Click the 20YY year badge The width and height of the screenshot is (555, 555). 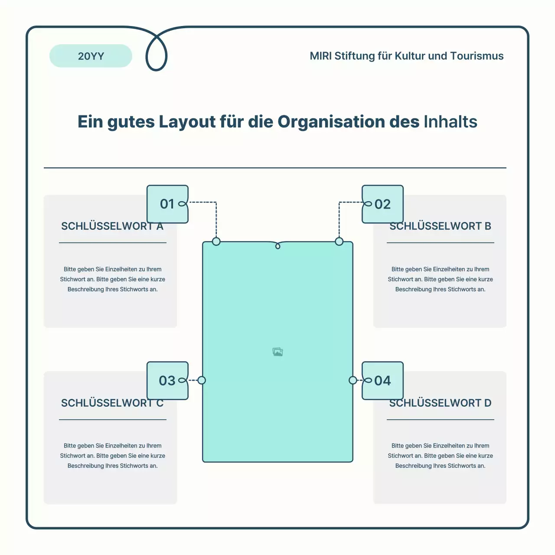[91, 56]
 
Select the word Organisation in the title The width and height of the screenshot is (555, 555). [331, 122]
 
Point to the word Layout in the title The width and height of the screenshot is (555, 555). [187, 122]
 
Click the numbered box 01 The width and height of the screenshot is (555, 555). [168, 204]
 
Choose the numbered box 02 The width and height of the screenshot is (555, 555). [382, 204]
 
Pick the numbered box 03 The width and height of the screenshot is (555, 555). [168, 380]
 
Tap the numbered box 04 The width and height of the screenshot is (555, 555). [382, 380]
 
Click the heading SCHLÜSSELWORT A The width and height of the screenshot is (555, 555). [112, 226]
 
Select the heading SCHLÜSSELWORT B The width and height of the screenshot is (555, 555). [441, 226]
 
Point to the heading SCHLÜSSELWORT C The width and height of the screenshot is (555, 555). [112, 403]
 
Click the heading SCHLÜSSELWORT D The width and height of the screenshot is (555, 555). [441, 403]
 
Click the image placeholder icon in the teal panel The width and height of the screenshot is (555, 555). [277, 352]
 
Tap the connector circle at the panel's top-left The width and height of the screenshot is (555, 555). [216, 242]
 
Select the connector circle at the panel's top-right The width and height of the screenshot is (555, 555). [339, 242]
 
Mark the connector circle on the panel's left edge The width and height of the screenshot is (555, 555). [202, 380]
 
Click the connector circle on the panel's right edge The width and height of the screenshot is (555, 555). [353, 380]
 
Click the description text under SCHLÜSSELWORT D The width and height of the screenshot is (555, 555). [441, 456]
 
